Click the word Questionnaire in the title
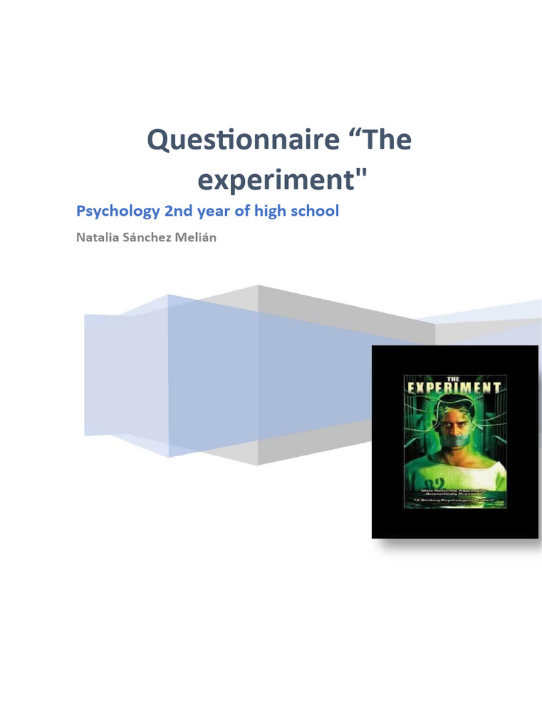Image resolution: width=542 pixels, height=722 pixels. click(243, 140)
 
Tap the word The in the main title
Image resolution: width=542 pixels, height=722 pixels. click(385, 140)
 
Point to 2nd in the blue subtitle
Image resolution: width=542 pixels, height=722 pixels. click(179, 211)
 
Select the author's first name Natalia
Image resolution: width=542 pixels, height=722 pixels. click(97, 238)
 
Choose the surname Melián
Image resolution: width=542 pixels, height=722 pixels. click(194, 238)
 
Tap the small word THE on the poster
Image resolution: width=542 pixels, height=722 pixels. click(454, 378)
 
